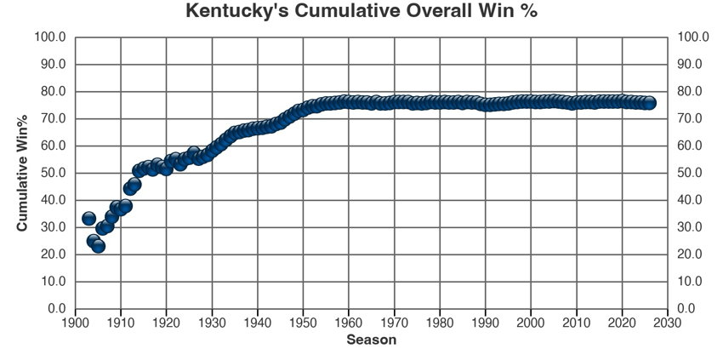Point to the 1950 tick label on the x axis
(303, 323)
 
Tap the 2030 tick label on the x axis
(668, 323)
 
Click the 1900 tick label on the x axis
(75, 323)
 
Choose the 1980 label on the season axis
(440, 323)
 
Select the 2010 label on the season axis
(577, 323)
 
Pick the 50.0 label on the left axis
(54, 173)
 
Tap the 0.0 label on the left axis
(57, 308)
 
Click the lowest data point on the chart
(98, 245)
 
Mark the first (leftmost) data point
(88, 219)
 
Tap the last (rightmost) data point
(649, 102)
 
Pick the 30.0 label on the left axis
(54, 227)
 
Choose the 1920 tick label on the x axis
(166, 323)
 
